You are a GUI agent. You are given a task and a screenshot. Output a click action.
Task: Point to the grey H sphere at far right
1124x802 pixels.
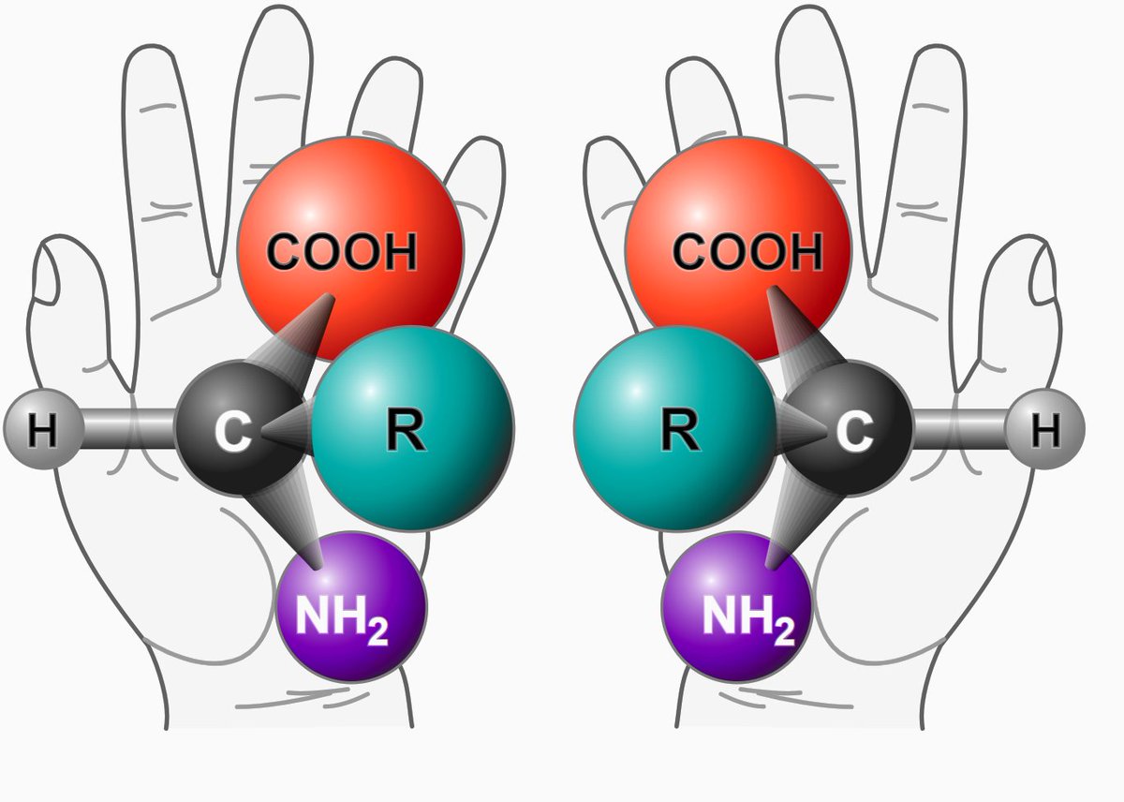tap(1045, 431)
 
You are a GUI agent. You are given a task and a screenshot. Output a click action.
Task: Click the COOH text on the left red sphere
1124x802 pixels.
tap(342, 253)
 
